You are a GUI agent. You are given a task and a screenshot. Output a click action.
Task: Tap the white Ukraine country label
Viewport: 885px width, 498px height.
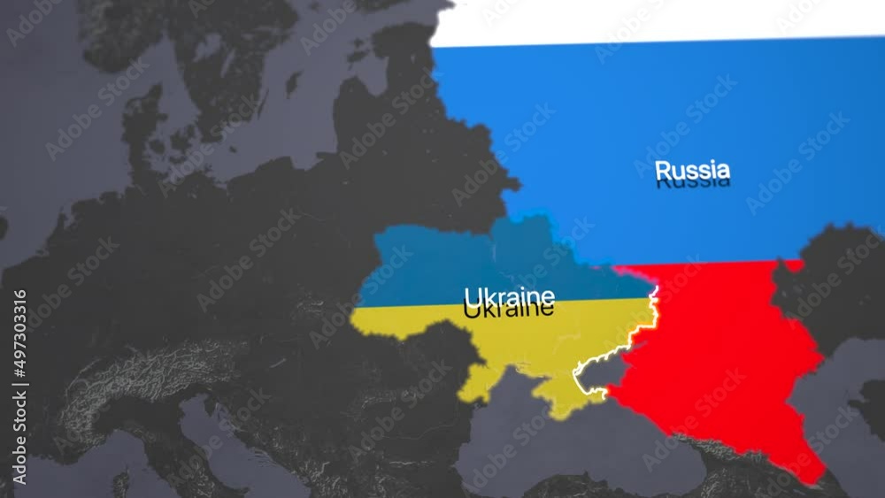click(510, 295)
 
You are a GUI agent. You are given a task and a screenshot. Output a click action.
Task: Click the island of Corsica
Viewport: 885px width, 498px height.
click(119, 482)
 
